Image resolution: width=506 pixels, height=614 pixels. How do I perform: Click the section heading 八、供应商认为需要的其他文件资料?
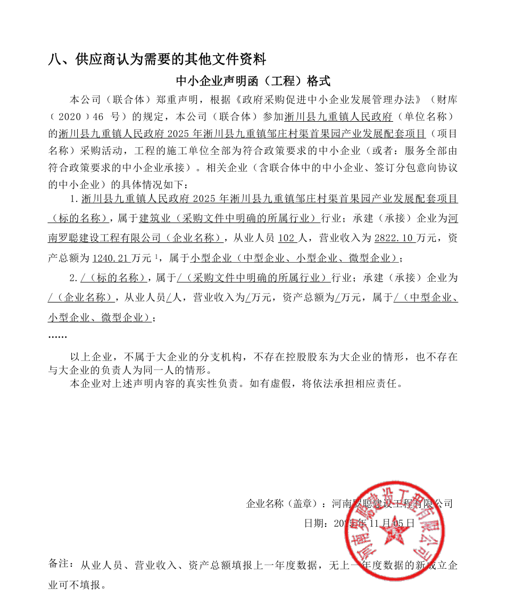(157, 58)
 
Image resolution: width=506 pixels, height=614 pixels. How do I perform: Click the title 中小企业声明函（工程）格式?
(253, 81)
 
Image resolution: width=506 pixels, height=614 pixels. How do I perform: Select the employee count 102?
(287, 238)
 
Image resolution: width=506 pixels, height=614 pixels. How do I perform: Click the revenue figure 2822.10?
(394, 238)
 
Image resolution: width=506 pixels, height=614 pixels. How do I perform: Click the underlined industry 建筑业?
(152, 218)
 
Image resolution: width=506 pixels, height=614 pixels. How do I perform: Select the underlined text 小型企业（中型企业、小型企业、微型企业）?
(294, 258)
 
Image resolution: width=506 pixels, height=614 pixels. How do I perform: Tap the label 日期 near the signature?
(311, 523)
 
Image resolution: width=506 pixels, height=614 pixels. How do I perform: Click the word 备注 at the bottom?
(59, 563)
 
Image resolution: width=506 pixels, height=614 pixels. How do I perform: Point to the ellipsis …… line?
(57, 337)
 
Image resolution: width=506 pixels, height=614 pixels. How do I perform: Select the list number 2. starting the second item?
(74, 279)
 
